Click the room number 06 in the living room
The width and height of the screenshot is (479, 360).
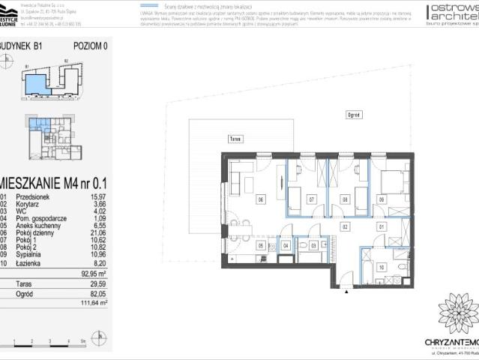click(x=261, y=199)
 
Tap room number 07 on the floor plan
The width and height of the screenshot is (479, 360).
click(x=311, y=199)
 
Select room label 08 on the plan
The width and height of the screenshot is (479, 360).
click(x=345, y=199)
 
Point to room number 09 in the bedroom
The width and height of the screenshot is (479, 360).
click(x=382, y=199)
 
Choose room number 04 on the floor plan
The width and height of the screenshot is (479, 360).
click(x=286, y=245)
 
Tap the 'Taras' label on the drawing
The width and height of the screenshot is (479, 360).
click(x=235, y=139)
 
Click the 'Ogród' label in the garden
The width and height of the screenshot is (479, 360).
click(x=354, y=115)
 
